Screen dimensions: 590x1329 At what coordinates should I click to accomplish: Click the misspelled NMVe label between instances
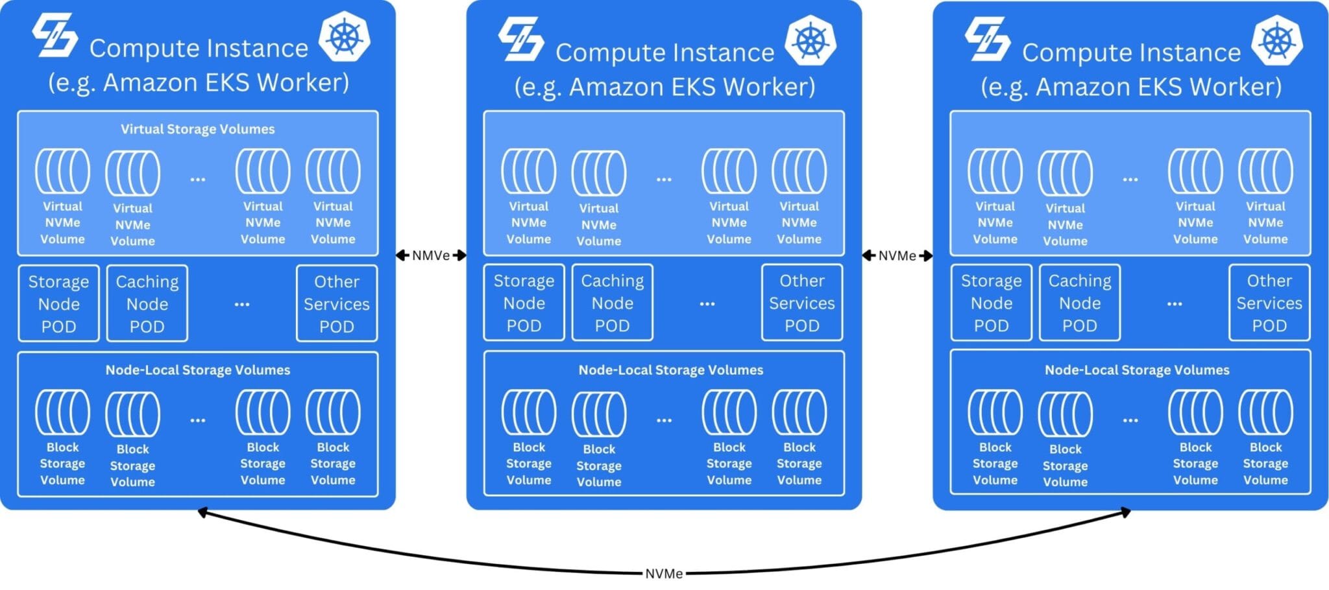[431, 255]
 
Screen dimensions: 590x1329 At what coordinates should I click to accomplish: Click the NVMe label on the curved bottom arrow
[664, 574]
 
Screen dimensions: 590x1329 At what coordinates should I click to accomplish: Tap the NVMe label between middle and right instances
[897, 255]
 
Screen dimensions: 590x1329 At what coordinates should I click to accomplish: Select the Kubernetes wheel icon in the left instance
[345, 37]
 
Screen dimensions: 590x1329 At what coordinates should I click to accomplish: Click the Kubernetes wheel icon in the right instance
[1277, 41]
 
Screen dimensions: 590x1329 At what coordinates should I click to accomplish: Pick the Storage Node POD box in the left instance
[59, 303]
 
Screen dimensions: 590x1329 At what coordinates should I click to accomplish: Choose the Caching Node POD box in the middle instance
[613, 303]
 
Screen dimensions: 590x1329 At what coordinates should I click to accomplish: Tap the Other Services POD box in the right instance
[1269, 303]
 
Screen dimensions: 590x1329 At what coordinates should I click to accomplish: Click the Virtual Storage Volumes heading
[198, 129]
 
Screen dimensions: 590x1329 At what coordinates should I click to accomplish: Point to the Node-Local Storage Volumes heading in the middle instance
[670, 370]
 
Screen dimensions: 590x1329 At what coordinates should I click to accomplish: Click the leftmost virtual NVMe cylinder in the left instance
[62, 171]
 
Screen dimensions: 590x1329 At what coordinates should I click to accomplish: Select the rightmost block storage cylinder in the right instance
[1265, 412]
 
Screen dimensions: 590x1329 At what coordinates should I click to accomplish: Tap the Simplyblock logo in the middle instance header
[521, 39]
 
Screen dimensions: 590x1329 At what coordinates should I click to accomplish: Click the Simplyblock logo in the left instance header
[55, 35]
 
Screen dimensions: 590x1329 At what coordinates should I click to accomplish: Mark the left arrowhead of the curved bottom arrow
[202, 513]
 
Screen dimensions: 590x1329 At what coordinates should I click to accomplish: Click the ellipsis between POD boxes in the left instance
[242, 304]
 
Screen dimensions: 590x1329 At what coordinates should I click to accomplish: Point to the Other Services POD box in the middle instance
[802, 303]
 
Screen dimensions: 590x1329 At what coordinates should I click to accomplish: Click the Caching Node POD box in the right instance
[1080, 303]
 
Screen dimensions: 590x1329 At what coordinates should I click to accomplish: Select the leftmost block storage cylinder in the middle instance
[529, 412]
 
